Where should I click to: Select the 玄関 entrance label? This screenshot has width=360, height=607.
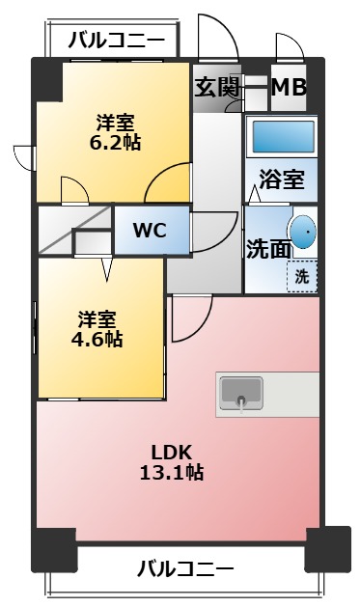(x=217, y=88)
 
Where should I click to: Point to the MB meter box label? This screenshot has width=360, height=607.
(x=288, y=88)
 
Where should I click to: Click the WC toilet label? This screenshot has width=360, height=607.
(x=150, y=231)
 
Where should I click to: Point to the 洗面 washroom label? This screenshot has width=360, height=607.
(x=267, y=249)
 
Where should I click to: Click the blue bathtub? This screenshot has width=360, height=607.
(x=284, y=136)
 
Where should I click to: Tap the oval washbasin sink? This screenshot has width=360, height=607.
(x=303, y=232)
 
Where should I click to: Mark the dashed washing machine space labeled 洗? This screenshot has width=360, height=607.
(x=302, y=275)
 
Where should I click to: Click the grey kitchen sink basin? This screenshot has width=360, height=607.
(x=241, y=393)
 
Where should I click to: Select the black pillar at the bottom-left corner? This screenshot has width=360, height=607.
(x=54, y=550)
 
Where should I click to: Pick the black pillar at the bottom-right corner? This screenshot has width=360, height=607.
(x=327, y=549)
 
